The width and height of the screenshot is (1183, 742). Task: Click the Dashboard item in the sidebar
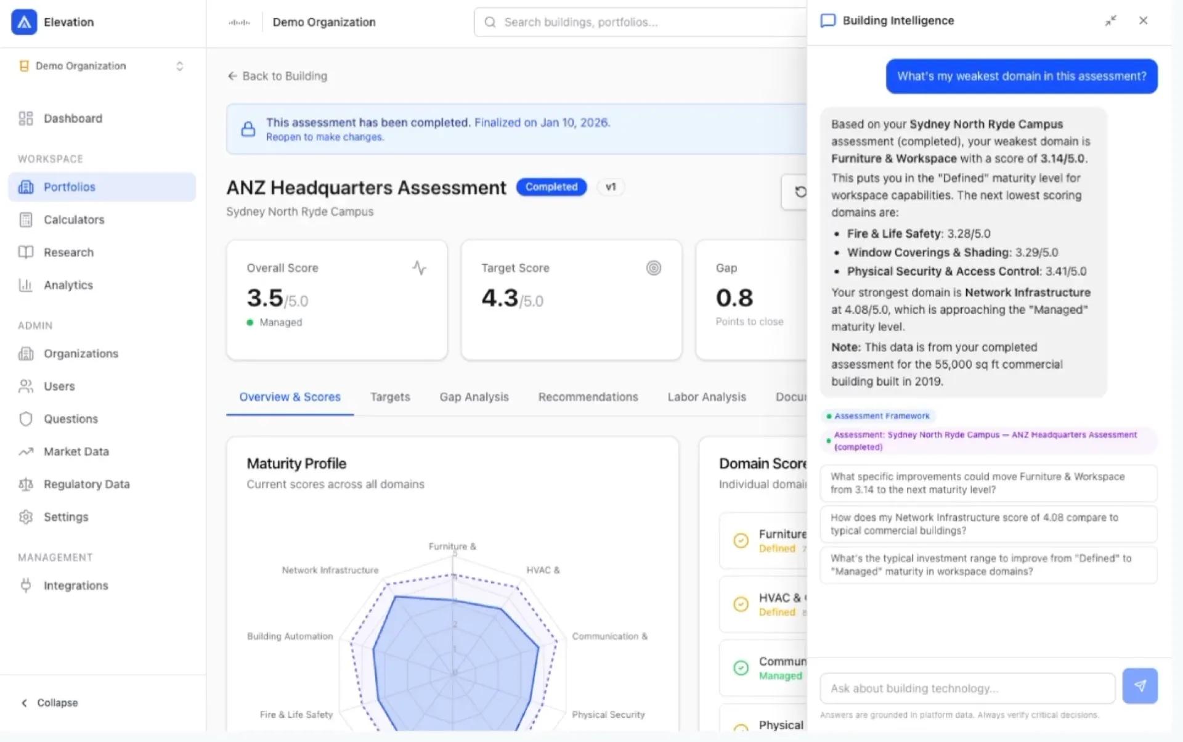click(x=72, y=118)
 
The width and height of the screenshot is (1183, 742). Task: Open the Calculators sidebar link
click(x=73, y=219)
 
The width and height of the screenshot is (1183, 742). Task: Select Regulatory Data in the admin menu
click(x=86, y=484)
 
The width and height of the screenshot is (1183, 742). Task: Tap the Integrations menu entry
click(x=75, y=585)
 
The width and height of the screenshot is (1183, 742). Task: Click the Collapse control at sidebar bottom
click(x=51, y=703)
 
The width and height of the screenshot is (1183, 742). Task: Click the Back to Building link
click(x=278, y=76)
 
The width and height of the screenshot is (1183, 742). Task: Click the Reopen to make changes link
click(x=325, y=137)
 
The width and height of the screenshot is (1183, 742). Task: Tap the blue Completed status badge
click(x=551, y=187)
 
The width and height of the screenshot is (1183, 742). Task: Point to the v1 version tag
click(x=610, y=187)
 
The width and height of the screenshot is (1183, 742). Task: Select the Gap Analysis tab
click(x=474, y=397)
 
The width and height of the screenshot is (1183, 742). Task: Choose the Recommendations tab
click(x=588, y=397)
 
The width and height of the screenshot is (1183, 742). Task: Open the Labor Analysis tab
click(x=706, y=397)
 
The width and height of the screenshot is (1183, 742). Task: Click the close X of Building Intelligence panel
click(x=1143, y=20)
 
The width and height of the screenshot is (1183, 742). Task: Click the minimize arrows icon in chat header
click(x=1110, y=21)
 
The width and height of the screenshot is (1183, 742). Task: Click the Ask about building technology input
click(x=967, y=688)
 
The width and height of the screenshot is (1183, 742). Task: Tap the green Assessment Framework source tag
click(x=879, y=416)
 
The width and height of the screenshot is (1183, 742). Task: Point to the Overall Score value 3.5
click(x=265, y=298)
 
